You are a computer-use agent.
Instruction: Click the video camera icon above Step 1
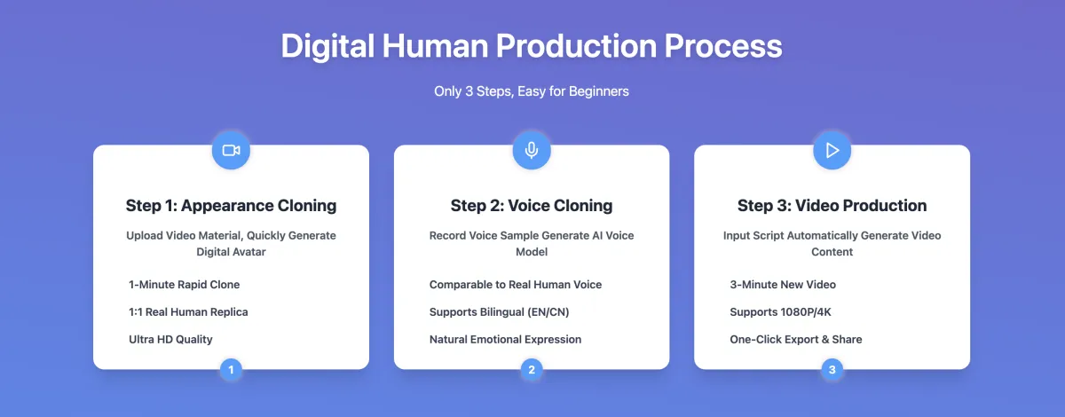pyautogui.click(x=231, y=150)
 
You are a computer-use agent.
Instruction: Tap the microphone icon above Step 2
pyautogui.click(x=532, y=150)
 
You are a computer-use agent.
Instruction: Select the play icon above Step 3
pyautogui.click(x=832, y=150)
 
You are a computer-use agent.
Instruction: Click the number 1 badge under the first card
pyautogui.click(x=231, y=369)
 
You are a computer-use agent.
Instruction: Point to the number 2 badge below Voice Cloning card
pyautogui.click(x=532, y=369)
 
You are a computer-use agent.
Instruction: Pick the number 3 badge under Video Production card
pyautogui.click(x=832, y=369)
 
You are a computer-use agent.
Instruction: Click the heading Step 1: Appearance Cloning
pyautogui.click(x=231, y=206)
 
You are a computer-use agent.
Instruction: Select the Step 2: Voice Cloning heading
pyautogui.click(x=532, y=206)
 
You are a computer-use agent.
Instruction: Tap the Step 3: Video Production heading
pyautogui.click(x=832, y=206)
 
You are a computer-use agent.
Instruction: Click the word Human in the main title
pyautogui.click(x=435, y=46)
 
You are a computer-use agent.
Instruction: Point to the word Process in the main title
pyautogui.click(x=723, y=46)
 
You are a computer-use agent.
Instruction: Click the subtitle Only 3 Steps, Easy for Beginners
pyautogui.click(x=532, y=91)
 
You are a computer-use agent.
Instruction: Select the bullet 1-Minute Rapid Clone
pyautogui.click(x=184, y=284)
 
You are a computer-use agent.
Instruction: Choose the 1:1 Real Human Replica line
pyautogui.click(x=188, y=312)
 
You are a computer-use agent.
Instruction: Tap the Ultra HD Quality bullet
pyautogui.click(x=170, y=340)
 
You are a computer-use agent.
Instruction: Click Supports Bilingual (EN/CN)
pyautogui.click(x=499, y=312)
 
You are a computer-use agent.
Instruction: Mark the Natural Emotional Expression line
pyautogui.click(x=505, y=340)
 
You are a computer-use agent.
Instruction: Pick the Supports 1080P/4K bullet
pyautogui.click(x=781, y=312)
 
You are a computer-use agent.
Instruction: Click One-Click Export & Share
pyautogui.click(x=796, y=340)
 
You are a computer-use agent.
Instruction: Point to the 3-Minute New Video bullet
pyautogui.click(x=783, y=284)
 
